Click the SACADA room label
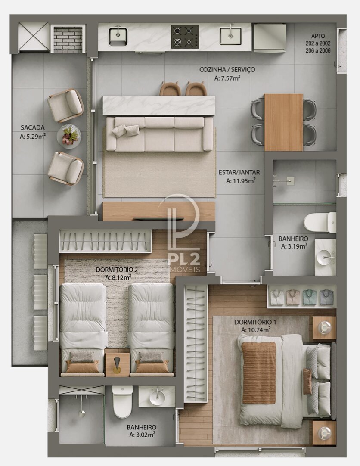pos(33,127)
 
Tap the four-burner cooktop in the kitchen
pos(185,37)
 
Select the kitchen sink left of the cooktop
pos(118,36)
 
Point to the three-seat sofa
pos(159,134)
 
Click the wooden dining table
pos(283,122)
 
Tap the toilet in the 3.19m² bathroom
pos(320,222)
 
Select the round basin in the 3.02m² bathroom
pos(158,396)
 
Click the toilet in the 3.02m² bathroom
pos(122,401)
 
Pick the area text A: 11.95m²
pos(241,180)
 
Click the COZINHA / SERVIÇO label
pos(227,69)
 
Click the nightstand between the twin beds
pos(117,365)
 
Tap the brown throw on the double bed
pos(259,373)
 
